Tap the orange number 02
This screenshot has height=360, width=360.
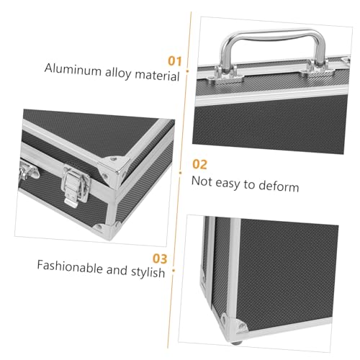(x=199, y=164)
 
